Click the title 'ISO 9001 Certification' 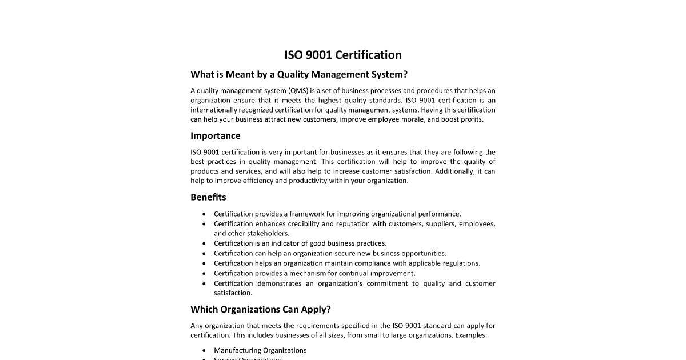[343, 55]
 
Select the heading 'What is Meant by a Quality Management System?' [299, 74]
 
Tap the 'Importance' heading [215, 135]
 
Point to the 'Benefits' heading [208, 197]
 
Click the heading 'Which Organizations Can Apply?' [261, 310]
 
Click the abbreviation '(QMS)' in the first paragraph [297, 90]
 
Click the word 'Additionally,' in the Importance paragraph [454, 171]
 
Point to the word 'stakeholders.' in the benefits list [268, 233]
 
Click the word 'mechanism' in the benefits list [307, 273]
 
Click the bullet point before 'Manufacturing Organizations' [204, 350]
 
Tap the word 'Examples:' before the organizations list [471, 335]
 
